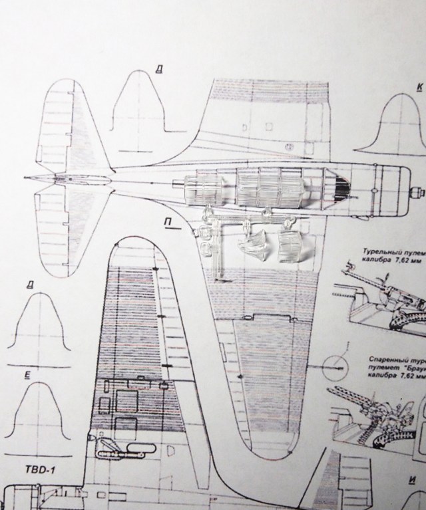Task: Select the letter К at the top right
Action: [419, 87]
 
